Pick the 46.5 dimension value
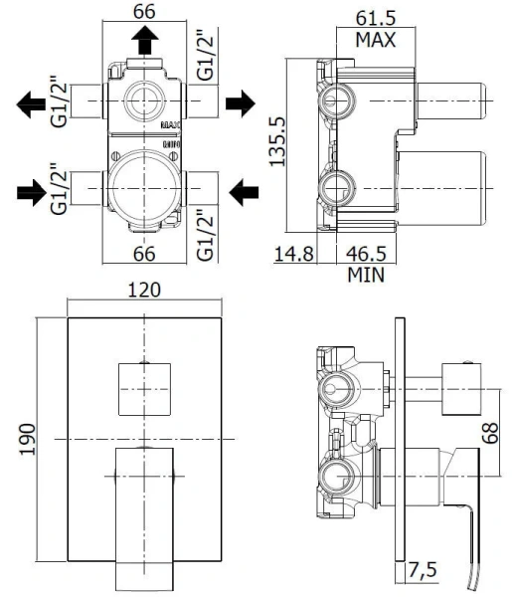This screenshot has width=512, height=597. pos(365,254)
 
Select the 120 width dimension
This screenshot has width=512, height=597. pos(146,292)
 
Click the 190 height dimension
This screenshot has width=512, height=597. pos(27,439)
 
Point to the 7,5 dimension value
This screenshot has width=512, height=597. pos(424,570)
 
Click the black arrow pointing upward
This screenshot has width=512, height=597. pos(146,43)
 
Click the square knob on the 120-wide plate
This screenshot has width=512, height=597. pos(145,389)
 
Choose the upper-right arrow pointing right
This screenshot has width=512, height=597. pos(243,102)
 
